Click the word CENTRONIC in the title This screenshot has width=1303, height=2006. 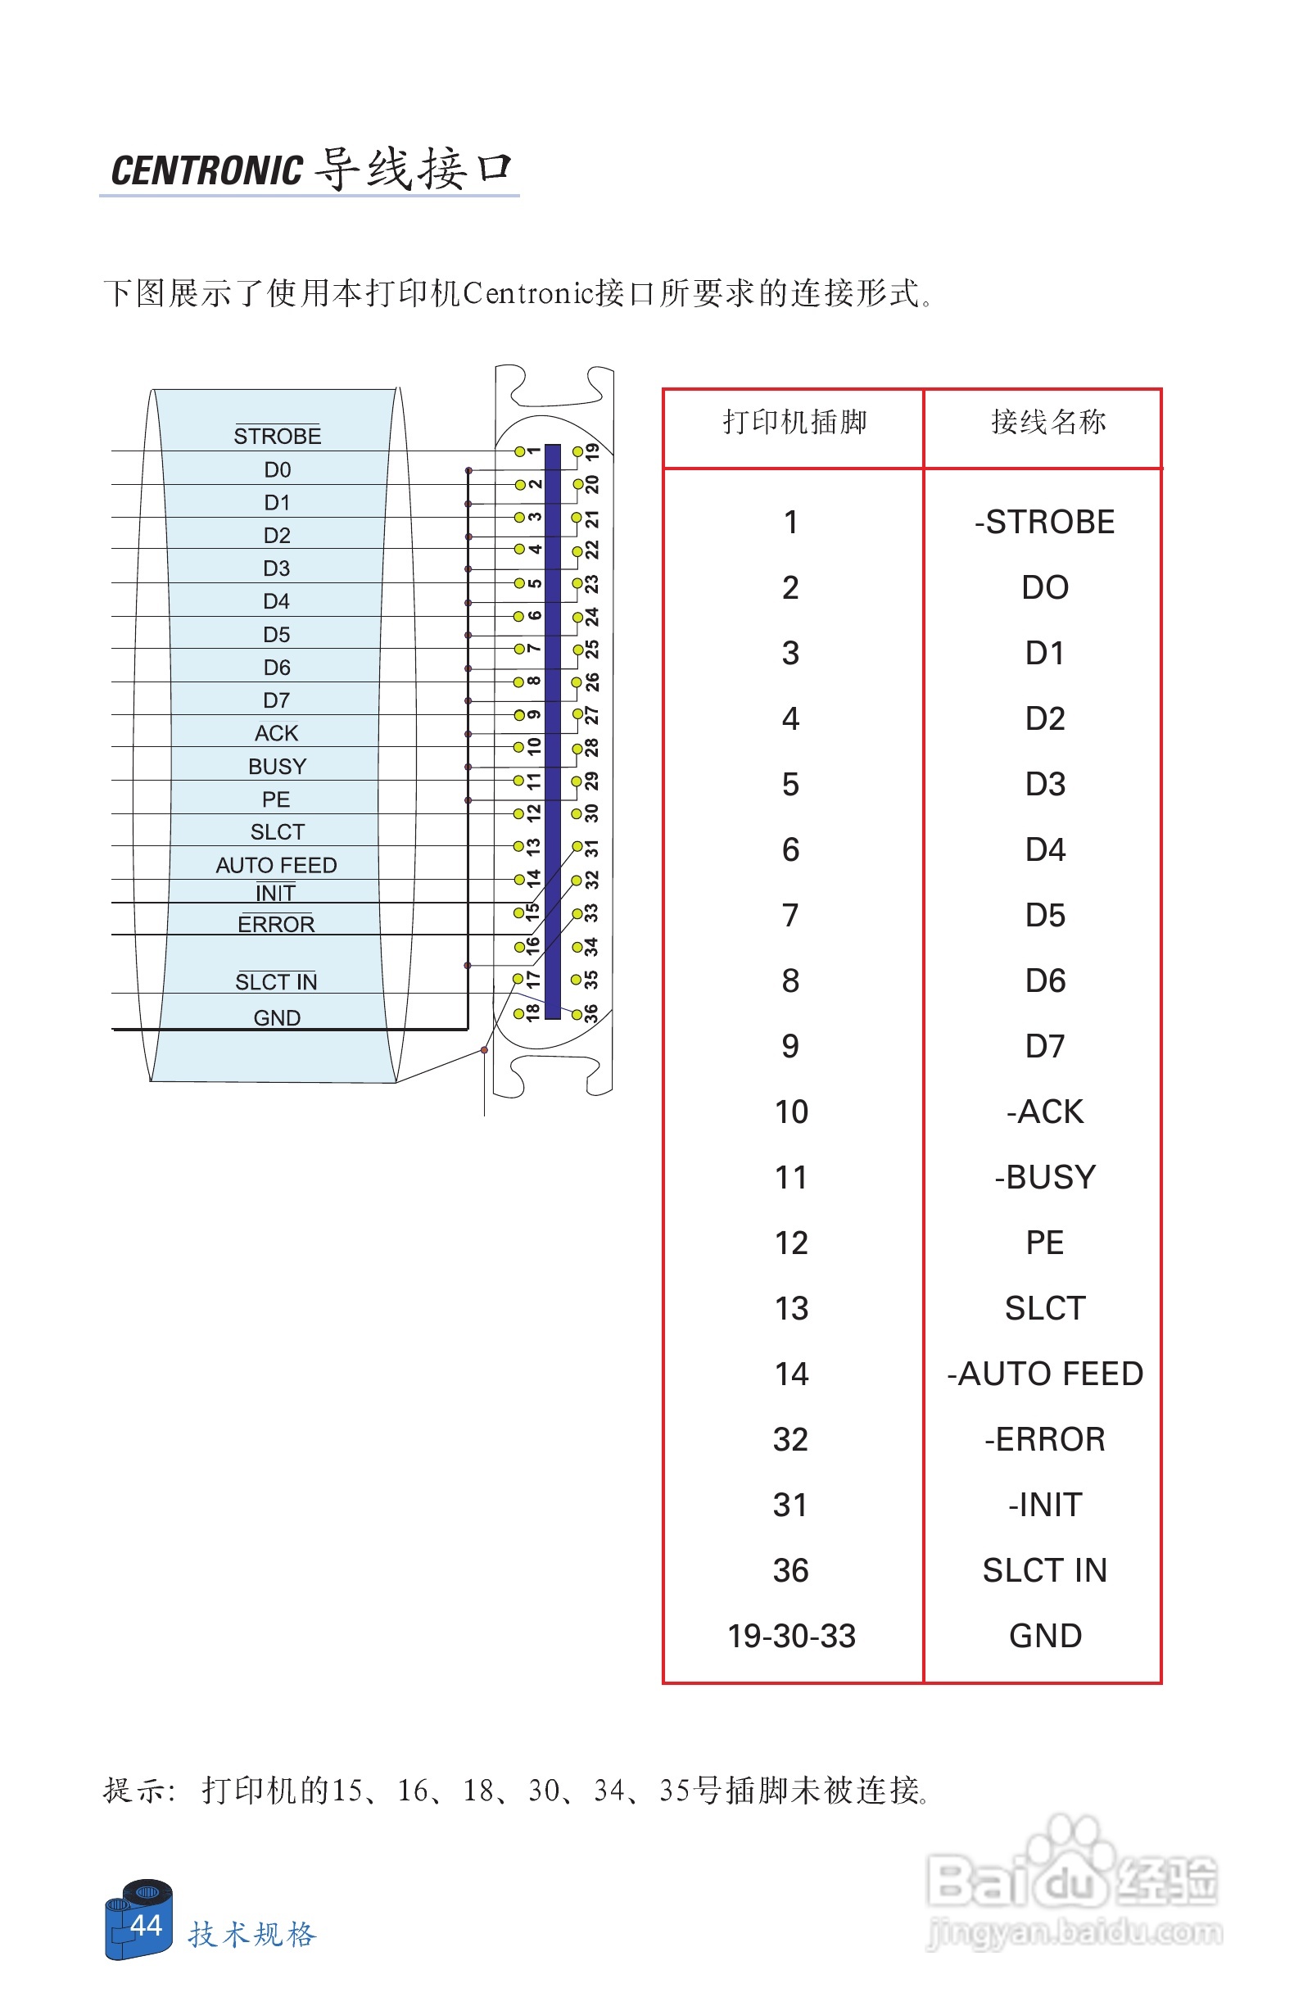(206, 170)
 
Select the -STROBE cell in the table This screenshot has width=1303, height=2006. (1044, 522)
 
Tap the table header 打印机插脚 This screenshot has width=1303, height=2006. (794, 421)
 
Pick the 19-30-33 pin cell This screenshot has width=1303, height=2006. (791, 1636)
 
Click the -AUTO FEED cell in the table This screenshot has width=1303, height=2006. (1044, 1374)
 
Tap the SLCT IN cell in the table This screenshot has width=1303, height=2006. (1044, 1570)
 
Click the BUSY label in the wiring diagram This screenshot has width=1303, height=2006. (277, 766)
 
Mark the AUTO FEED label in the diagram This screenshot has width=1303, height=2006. (276, 865)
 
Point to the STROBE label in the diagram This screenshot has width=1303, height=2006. (277, 436)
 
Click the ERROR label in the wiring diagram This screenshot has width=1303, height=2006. (276, 925)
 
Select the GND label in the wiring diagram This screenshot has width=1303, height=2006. (277, 1017)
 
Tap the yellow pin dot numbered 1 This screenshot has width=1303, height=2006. (520, 452)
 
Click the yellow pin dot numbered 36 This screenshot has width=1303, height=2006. (577, 1014)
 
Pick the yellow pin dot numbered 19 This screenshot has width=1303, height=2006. (577, 452)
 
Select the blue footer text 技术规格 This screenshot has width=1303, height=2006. (252, 1934)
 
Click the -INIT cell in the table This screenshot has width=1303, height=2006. (1044, 1506)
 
